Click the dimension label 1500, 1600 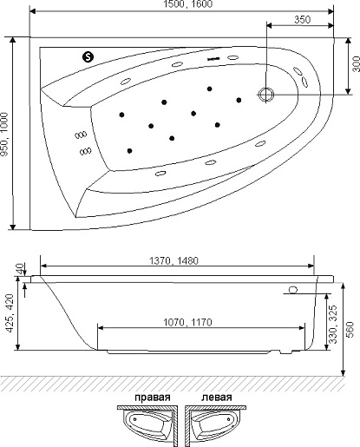188,4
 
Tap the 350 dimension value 303,20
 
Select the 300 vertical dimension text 356,64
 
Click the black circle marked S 88,56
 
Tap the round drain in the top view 266,95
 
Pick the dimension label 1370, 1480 173,260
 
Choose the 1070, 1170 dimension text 187,322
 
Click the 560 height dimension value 350,329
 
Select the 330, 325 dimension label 333,324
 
